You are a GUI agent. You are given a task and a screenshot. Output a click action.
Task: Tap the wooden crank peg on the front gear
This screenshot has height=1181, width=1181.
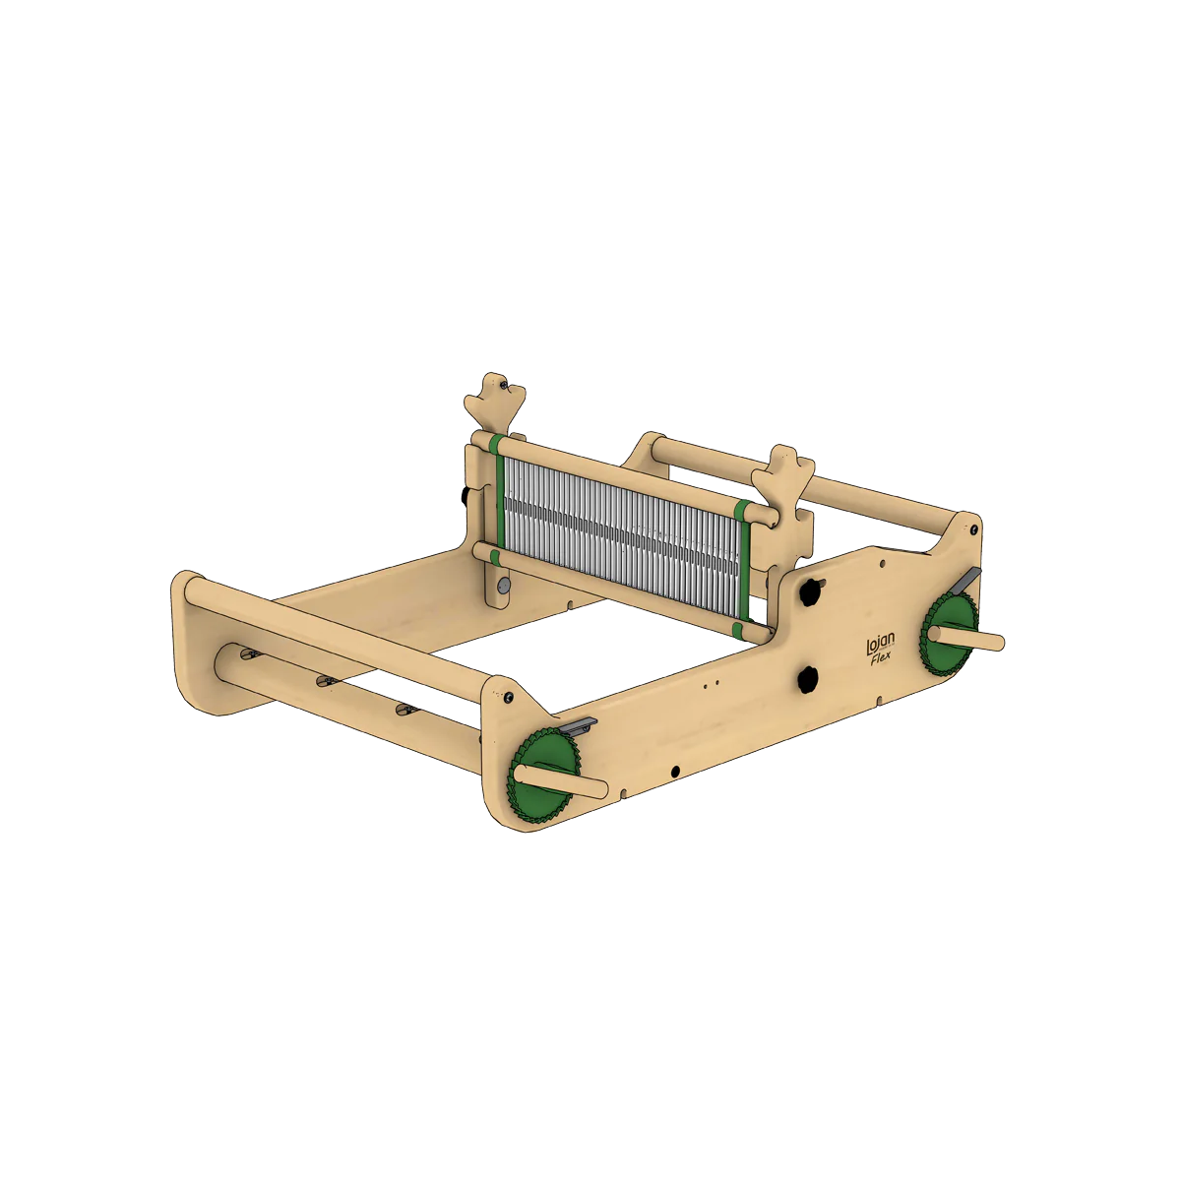click(x=560, y=780)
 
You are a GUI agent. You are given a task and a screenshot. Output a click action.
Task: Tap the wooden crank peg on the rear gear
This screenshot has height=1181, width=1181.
click(x=965, y=638)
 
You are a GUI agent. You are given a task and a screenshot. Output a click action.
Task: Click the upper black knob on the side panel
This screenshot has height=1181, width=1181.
click(x=811, y=590)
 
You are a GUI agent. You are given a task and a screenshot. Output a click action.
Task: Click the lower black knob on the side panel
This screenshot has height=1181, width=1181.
click(x=808, y=679)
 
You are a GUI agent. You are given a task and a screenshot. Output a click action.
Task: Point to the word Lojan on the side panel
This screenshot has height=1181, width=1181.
click(x=880, y=644)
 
